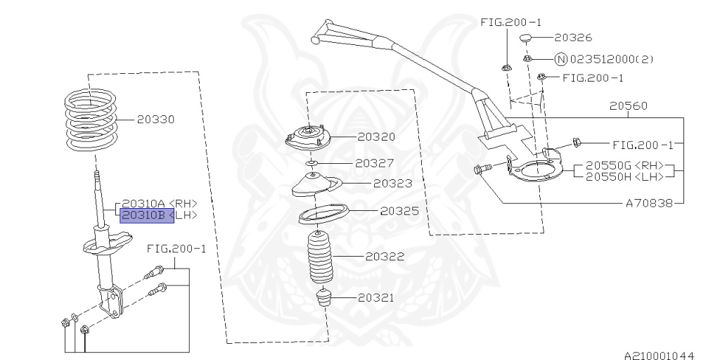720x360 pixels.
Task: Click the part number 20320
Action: click(375, 137)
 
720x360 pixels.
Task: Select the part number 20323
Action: click(392, 184)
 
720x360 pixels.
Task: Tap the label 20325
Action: click(399, 210)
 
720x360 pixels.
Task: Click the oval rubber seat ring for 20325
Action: click(324, 214)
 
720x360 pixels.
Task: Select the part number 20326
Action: click(572, 37)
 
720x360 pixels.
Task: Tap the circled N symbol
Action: click(560, 59)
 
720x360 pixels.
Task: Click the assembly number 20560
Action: click(629, 106)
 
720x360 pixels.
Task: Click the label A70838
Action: click(649, 202)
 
